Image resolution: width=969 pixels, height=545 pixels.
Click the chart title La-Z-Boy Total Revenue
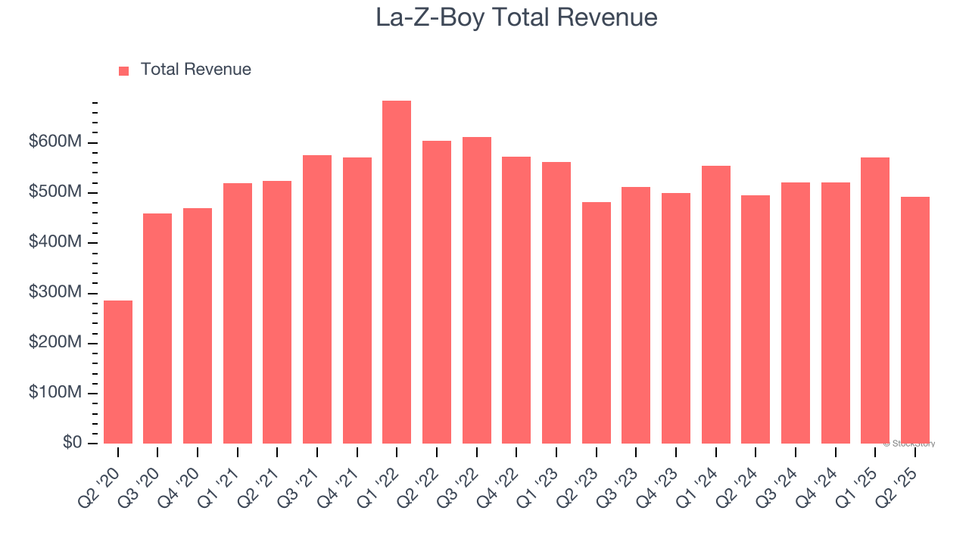(x=516, y=17)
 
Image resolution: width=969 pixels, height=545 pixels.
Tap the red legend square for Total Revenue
(x=124, y=70)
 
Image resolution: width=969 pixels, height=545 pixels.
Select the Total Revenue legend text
(x=195, y=70)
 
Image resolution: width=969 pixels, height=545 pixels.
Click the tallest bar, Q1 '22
(x=397, y=272)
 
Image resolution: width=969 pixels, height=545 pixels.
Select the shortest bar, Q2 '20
(x=118, y=372)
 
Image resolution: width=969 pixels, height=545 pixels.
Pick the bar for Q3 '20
(x=157, y=329)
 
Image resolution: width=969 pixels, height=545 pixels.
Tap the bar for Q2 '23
(x=596, y=322)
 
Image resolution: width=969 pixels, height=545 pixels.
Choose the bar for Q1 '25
(x=875, y=301)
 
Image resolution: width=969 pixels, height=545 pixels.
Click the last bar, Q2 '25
(x=914, y=320)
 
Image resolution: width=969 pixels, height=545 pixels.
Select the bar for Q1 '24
(x=715, y=304)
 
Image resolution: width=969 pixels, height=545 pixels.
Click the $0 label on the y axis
(x=72, y=442)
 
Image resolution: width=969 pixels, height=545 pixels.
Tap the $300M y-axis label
(x=56, y=293)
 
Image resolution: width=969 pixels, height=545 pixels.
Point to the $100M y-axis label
(x=56, y=393)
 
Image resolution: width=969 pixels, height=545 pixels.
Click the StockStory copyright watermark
(x=908, y=444)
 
